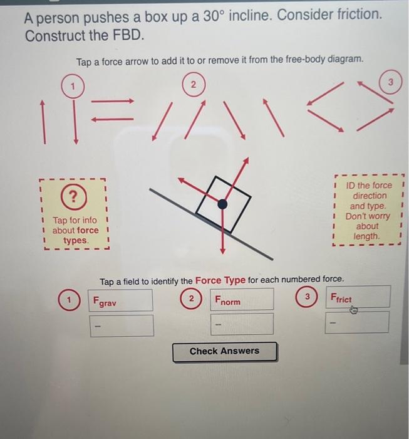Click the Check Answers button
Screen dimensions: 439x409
[224, 351]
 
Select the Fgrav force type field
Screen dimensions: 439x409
[122, 300]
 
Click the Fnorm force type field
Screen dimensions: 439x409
[242, 300]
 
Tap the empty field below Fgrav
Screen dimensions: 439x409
[122, 325]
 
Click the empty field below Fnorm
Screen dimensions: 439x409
[242, 324]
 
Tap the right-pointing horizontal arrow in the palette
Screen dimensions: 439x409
[118, 101]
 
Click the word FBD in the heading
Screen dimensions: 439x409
[128, 35]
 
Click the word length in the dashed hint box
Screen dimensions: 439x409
[366, 236]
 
